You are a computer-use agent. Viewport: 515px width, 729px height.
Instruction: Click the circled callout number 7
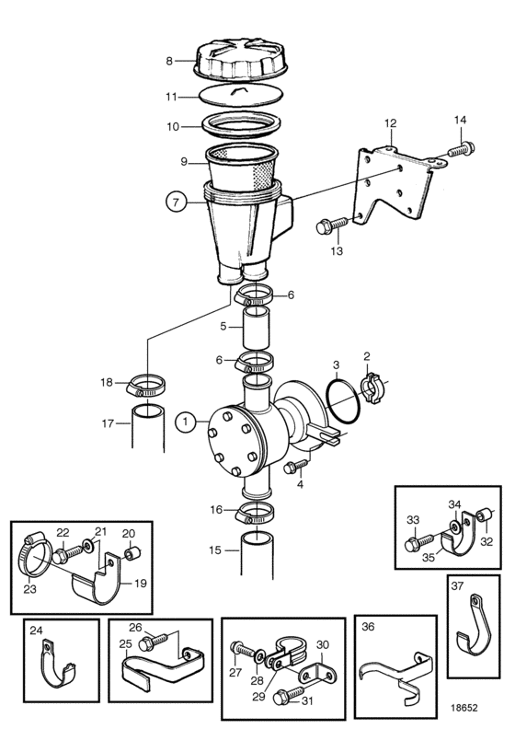(175, 202)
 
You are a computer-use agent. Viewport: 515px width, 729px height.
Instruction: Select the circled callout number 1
(186, 422)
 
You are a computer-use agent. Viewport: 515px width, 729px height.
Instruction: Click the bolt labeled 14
(461, 150)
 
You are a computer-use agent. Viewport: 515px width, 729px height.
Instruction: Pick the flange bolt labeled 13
(332, 226)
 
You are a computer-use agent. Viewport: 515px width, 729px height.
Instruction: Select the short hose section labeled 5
(257, 329)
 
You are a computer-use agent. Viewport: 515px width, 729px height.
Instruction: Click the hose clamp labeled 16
(255, 514)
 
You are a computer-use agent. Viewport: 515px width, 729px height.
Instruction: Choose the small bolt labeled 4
(295, 466)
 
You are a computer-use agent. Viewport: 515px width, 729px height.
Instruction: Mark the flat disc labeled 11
(241, 97)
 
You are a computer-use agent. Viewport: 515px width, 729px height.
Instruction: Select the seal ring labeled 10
(242, 124)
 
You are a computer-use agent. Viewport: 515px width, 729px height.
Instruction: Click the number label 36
(368, 627)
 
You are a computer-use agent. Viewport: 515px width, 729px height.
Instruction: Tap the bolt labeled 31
(285, 698)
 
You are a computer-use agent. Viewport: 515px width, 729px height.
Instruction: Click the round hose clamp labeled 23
(32, 557)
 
